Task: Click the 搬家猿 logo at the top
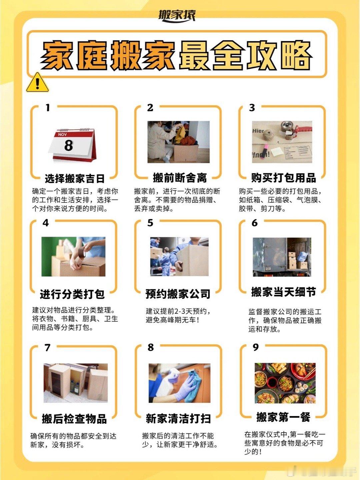coord(177,15)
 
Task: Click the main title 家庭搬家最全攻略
coord(176,55)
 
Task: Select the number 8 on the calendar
coord(69,145)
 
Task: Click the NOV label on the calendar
coord(62,135)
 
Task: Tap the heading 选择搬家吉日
coord(75,179)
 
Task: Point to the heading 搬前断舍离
coord(180,178)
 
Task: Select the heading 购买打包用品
coord(283,178)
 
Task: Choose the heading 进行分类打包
coord(72,294)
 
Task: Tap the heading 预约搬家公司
coord(178,294)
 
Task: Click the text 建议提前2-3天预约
coord(178,311)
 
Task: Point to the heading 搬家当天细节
coord(283,292)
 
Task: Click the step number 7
coord(47,348)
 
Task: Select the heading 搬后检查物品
coord(74,419)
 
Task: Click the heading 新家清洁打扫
coord(178,419)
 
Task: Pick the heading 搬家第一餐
coord(283,417)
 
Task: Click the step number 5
coord(150,223)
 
